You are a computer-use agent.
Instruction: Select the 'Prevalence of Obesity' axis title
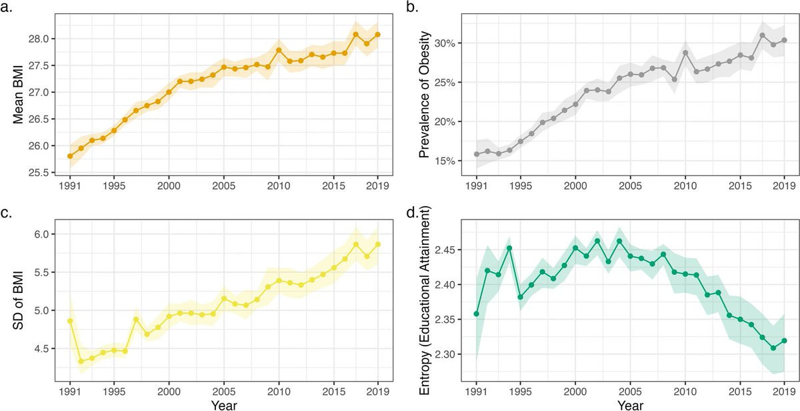[x=424, y=98]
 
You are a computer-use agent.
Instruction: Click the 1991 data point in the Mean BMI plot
[x=70, y=156]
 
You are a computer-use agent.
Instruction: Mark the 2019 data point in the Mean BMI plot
[x=377, y=35]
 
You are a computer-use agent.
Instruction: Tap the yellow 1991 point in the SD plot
[x=70, y=321]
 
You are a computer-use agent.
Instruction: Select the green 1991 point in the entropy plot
[x=477, y=314]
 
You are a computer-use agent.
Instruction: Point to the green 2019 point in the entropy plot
[x=783, y=340]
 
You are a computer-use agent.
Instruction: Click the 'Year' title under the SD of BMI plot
[x=223, y=404]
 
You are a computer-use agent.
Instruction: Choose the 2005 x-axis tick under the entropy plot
[x=630, y=389]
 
